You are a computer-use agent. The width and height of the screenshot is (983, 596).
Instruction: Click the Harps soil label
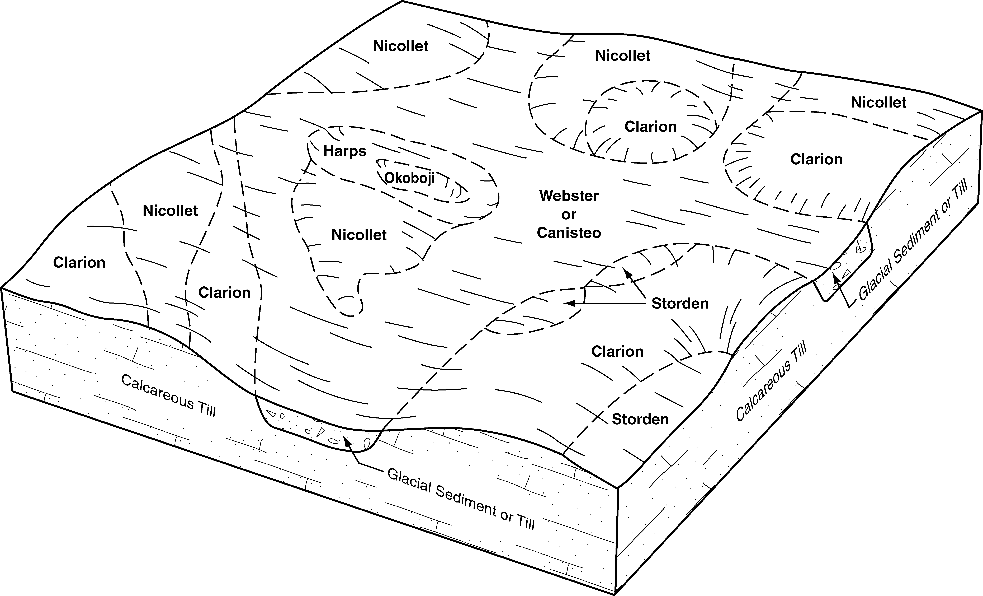click(345, 151)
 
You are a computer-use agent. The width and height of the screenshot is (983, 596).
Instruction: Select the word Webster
click(569, 196)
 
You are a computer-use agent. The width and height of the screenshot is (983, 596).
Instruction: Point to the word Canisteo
click(569, 233)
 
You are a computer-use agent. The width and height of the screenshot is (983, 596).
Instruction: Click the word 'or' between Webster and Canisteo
click(569, 215)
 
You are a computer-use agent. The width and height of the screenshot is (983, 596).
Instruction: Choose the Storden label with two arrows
click(680, 304)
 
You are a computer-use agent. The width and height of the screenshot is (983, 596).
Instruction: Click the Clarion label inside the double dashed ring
click(650, 127)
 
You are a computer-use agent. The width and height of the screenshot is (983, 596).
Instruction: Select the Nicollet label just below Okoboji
click(359, 235)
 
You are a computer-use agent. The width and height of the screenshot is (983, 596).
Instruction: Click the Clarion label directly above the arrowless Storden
click(617, 352)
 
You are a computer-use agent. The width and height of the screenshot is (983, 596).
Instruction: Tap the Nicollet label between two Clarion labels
click(170, 211)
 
